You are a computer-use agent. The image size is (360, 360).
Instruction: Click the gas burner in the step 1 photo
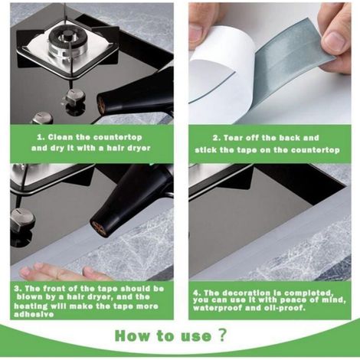pyautogui.click(x=68, y=41)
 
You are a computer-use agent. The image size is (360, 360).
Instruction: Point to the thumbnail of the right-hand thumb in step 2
pyautogui.click(x=333, y=41)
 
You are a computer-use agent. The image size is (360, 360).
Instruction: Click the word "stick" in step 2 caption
pyautogui.click(x=205, y=149)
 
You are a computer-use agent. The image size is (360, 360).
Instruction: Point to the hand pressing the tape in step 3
pyautogui.click(x=63, y=273)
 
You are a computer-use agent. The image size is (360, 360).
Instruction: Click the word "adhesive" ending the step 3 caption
pyautogui.click(x=34, y=314)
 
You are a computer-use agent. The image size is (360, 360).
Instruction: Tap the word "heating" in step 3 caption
pyautogui.click(x=31, y=306)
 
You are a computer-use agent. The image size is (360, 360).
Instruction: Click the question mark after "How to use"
pyautogui.click(x=222, y=335)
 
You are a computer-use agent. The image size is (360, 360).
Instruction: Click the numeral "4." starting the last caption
pyautogui.click(x=197, y=293)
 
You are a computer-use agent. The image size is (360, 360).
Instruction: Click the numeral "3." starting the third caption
pyautogui.click(x=18, y=289)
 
